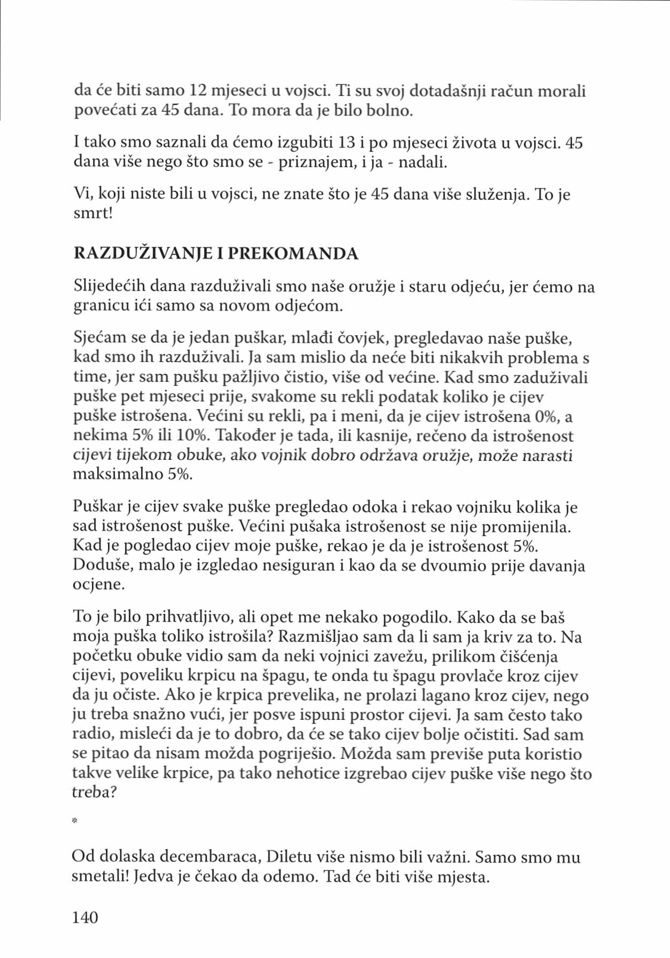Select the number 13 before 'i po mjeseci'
pyautogui.click(x=349, y=143)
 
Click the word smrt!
pyautogui.click(x=92, y=214)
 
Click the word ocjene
pyautogui.click(x=98, y=585)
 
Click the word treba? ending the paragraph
pyautogui.click(x=94, y=792)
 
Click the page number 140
pyautogui.click(x=85, y=917)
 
